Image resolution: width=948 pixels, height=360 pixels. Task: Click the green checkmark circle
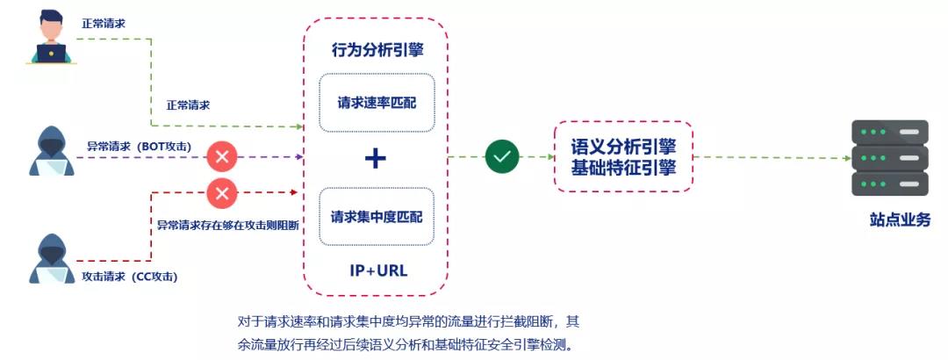pos(502,156)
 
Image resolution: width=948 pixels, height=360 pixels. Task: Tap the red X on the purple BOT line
pos(222,156)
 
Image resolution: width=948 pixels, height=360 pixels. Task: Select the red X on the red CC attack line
pos(222,194)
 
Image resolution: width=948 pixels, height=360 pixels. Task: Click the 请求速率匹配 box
pos(377,102)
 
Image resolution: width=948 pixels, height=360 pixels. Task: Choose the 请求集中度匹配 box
pos(377,217)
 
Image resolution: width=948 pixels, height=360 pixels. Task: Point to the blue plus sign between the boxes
pos(376,159)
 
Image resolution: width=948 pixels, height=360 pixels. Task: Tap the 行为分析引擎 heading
pos(377,50)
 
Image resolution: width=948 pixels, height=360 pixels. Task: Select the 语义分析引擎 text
pos(623,147)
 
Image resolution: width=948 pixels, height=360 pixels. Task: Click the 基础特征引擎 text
pos(623,167)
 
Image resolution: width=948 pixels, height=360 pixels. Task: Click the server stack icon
pos(889,157)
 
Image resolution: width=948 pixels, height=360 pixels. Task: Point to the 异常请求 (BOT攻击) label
pos(139,147)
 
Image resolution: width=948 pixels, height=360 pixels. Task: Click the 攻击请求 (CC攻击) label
pos(130,277)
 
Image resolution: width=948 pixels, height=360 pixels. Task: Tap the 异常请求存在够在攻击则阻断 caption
pos(229,226)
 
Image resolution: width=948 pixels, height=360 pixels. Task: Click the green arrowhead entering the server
pos(848,158)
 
